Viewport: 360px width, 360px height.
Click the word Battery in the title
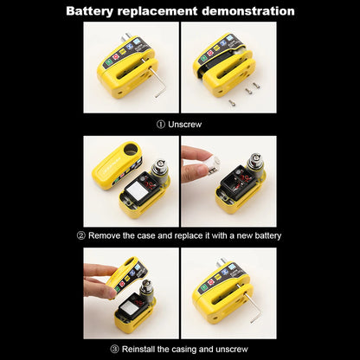click(x=95, y=11)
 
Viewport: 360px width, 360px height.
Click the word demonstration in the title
click(x=245, y=11)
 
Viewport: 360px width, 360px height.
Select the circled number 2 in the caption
click(x=81, y=235)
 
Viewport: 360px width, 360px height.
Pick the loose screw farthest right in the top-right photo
click(x=255, y=85)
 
